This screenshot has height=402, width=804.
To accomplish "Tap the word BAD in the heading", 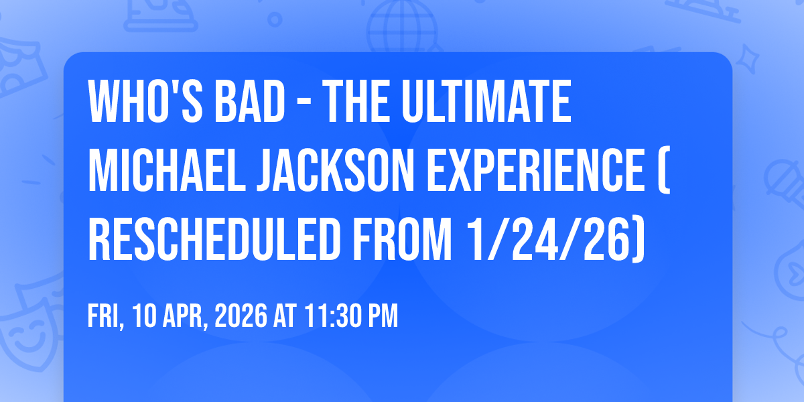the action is tap(249, 102).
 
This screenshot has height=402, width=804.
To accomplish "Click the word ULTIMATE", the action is tap(486, 102).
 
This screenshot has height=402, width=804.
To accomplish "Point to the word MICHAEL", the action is tap(167, 170).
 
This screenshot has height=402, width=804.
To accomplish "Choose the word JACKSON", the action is tap(336, 170).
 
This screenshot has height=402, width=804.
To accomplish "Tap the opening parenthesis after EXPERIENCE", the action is tap(665, 170).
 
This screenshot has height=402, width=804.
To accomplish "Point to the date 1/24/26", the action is tap(555, 239).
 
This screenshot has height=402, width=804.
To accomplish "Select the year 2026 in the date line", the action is tap(241, 316).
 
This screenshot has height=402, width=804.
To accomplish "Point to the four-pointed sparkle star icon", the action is tap(748, 59).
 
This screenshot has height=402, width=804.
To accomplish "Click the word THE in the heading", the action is tap(356, 102).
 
